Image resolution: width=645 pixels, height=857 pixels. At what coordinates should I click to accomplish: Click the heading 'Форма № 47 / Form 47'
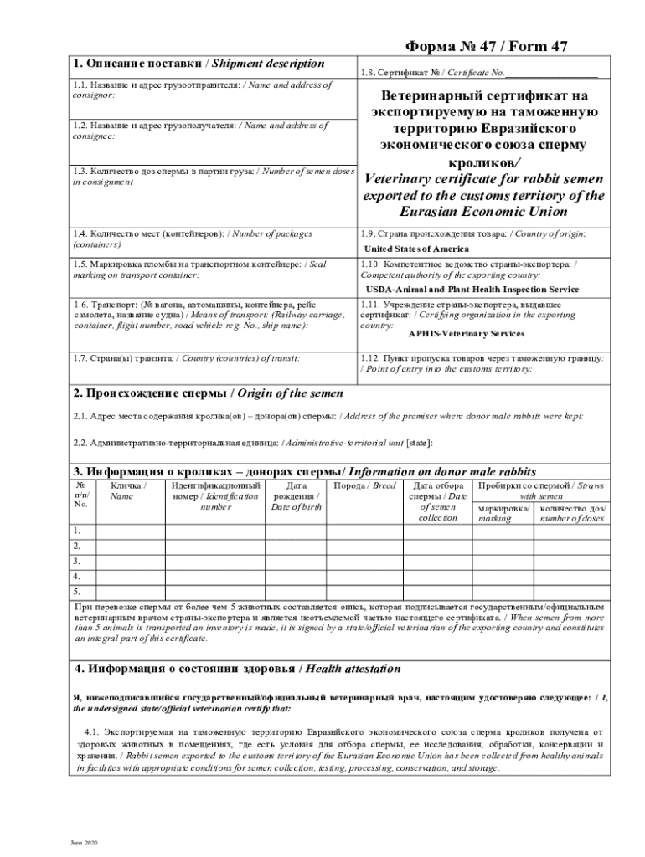pos(490,48)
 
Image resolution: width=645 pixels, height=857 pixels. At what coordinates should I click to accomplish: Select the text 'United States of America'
pos(416,249)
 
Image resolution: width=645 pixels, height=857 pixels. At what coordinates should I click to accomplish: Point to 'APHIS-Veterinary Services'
pos(455,334)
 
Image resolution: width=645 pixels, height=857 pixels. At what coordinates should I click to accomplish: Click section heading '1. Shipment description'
pos(199,64)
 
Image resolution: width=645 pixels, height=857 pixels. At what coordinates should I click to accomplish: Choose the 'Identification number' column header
pos(215,497)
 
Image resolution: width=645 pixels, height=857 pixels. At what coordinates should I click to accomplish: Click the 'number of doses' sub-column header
pos(574,513)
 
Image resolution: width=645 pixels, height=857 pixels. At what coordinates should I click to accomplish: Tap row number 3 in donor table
pos(77,561)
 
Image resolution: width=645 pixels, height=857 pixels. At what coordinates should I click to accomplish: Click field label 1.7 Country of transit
pos(186,358)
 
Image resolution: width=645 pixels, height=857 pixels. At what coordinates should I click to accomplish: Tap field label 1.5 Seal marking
pos(199,269)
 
